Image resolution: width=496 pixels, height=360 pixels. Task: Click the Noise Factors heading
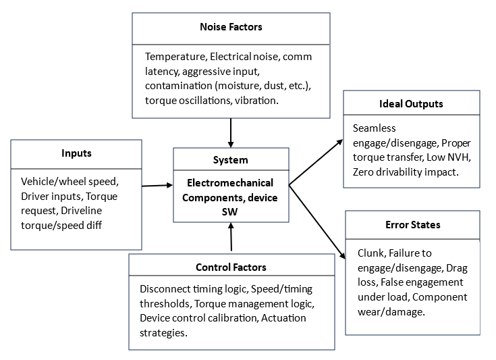pos(231,27)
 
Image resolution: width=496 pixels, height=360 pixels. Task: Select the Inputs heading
pos(76,153)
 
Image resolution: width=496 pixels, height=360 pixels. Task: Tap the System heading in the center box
pos(230,160)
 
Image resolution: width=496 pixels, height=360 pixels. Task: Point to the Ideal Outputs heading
pos(411,104)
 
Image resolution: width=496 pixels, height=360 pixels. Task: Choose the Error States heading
pos(413,225)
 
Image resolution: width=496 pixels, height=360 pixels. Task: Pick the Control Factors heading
pos(231,267)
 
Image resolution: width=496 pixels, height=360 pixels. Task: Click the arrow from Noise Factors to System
pos(231,133)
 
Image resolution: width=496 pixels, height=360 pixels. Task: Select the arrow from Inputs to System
pos(157,186)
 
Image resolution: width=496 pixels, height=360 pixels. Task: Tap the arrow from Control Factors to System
pos(231,236)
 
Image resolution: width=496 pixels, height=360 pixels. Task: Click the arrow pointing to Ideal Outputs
pos(316,162)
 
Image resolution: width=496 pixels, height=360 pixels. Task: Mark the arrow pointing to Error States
pos(317,222)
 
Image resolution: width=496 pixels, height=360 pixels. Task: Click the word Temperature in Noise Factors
pos(176,57)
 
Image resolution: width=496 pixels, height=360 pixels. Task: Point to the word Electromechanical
pos(230,183)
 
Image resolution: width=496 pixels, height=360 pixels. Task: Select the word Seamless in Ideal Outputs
pos(375,128)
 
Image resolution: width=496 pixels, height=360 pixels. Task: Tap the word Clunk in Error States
pos(372,253)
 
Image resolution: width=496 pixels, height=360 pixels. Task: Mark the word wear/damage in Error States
pos(391,312)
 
